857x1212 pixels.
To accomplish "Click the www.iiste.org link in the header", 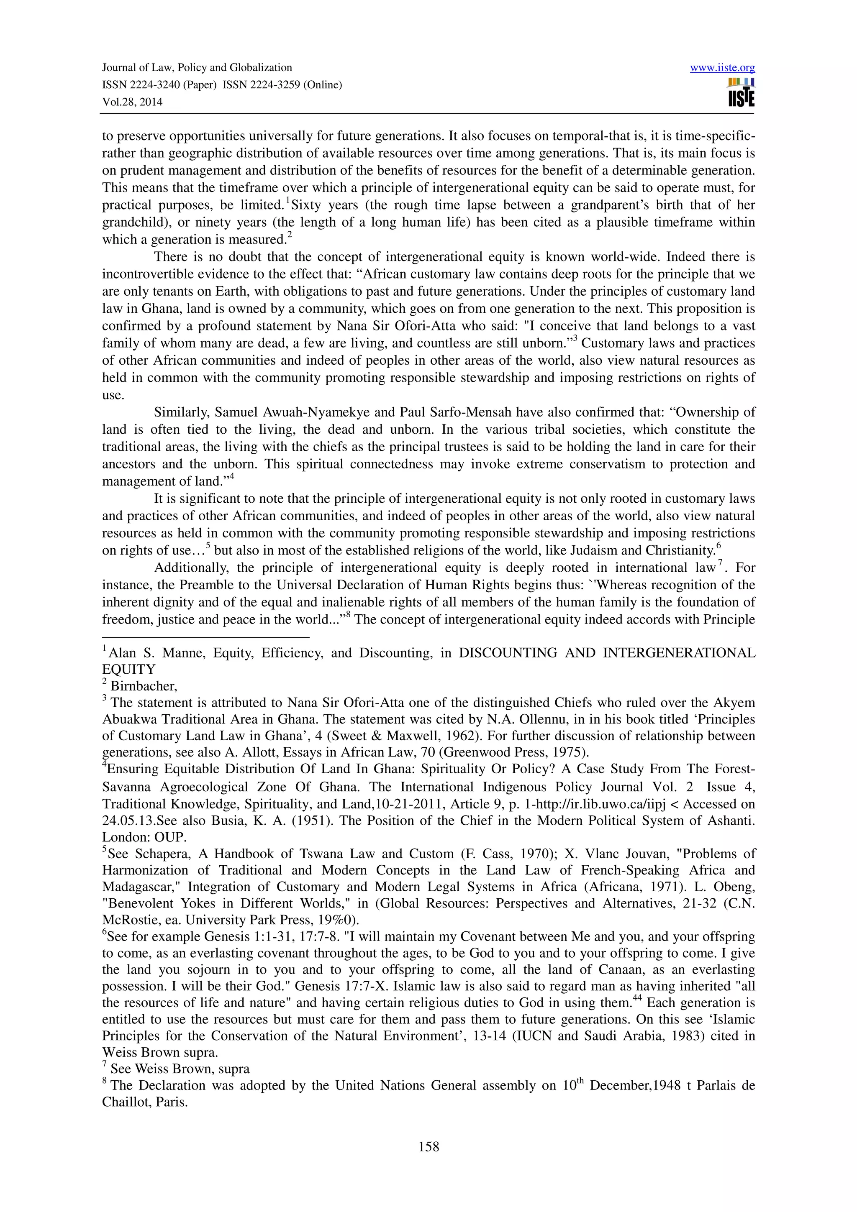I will point(722,68).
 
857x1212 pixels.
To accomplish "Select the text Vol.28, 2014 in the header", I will point(132,102).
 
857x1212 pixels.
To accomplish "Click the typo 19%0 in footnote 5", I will point(340,920).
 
